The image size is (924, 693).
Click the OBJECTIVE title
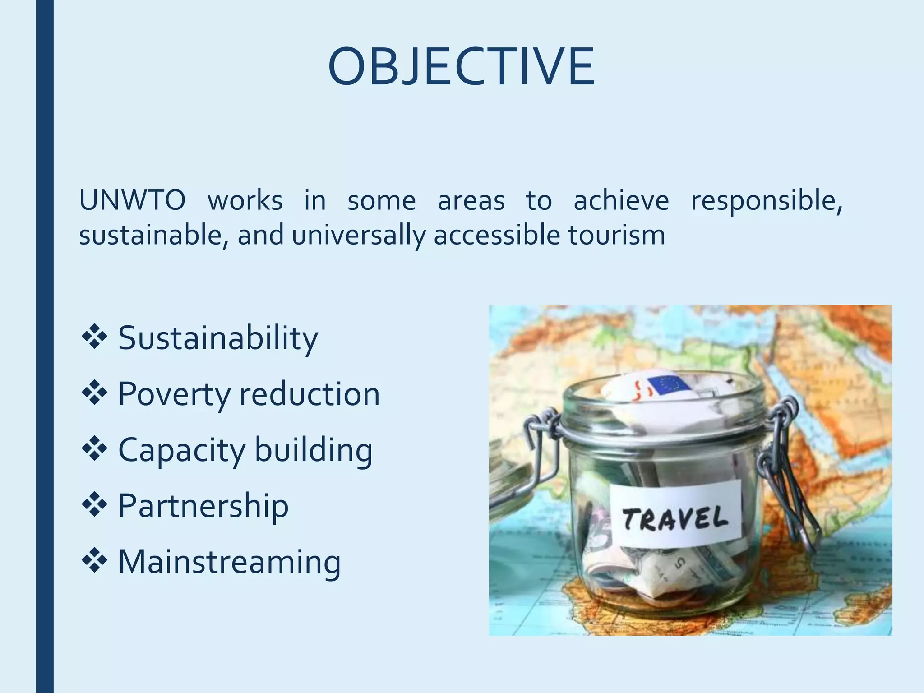[461, 67]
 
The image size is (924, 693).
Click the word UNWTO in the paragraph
[132, 200]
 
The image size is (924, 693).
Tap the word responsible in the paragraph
[766, 200]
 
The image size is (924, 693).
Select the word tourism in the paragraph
[616, 235]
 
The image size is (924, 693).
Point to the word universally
[358, 235]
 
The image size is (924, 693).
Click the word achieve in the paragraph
[621, 200]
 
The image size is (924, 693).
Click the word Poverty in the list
[174, 393]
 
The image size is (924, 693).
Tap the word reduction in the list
[310, 393]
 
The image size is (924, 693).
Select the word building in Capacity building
[314, 450]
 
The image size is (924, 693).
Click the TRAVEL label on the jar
[675, 518]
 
